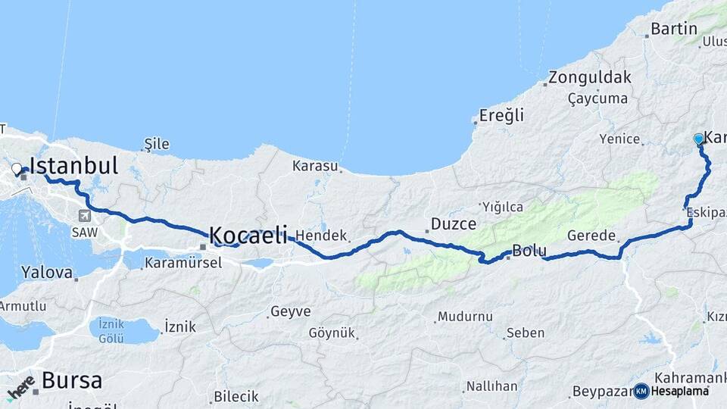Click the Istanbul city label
[73, 166]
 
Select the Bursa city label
[71, 380]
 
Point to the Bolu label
[529, 251]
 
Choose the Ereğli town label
[501, 116]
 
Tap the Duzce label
[453, 224]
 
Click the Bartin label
[674, 30]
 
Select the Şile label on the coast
[157, 144]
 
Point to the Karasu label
[316, 165]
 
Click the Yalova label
[47, 272]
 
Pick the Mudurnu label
[465, 317]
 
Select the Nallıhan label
[491, 386]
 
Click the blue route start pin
[698, 139]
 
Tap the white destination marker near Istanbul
[16, 167]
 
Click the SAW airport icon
[81, 214]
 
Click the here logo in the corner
[20, 387]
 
